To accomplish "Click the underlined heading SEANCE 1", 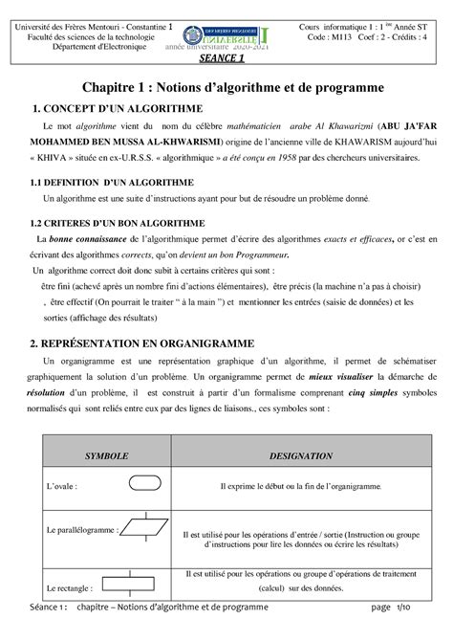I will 227,57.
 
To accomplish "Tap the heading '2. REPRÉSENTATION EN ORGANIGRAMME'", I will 143,342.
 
